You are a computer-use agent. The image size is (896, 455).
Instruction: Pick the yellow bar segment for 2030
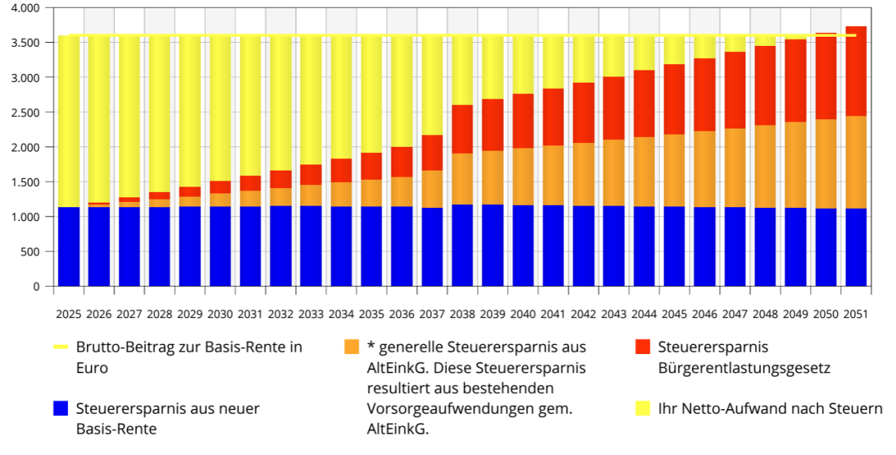[x=220, y=107]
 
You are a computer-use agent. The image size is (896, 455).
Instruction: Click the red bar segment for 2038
[x=462, y=129]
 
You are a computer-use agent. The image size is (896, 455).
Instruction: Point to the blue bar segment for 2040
[x=523, y=245]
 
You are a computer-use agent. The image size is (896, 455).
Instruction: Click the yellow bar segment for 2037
[x=432, y=84]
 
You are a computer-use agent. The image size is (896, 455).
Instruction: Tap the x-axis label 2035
[x=372, y=314]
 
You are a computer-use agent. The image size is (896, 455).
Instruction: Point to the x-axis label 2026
[x=99, y=314]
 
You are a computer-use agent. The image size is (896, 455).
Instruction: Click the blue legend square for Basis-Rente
[x=61, y=408]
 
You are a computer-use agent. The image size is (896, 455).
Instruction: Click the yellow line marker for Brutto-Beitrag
[x=61, y=347]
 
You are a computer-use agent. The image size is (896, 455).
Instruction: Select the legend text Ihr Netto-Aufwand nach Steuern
[x=769, y=408]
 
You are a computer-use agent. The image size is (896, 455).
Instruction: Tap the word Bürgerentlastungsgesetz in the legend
[x=744, y=368]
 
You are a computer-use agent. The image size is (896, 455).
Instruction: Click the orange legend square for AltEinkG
[x=352, y=347]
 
